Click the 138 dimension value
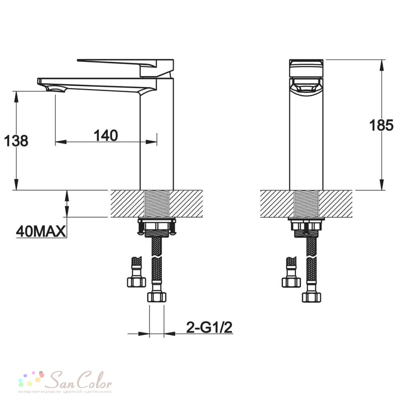click(16, 141)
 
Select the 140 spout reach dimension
click(106, 136)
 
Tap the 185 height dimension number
click(381, 125)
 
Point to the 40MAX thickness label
click(41, 231)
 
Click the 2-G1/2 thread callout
click(209, 328)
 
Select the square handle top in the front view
click(306, 68)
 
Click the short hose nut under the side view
click(136, 282)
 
